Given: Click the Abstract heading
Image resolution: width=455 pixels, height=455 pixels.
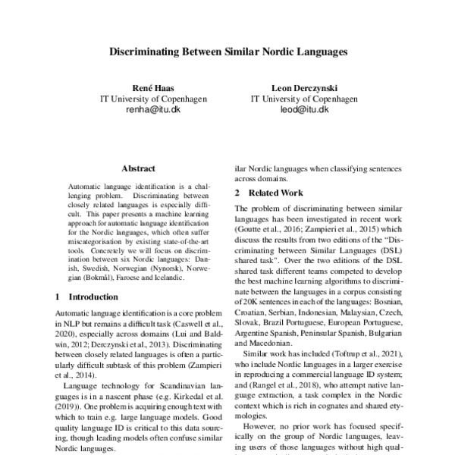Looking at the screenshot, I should point(138,168).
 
